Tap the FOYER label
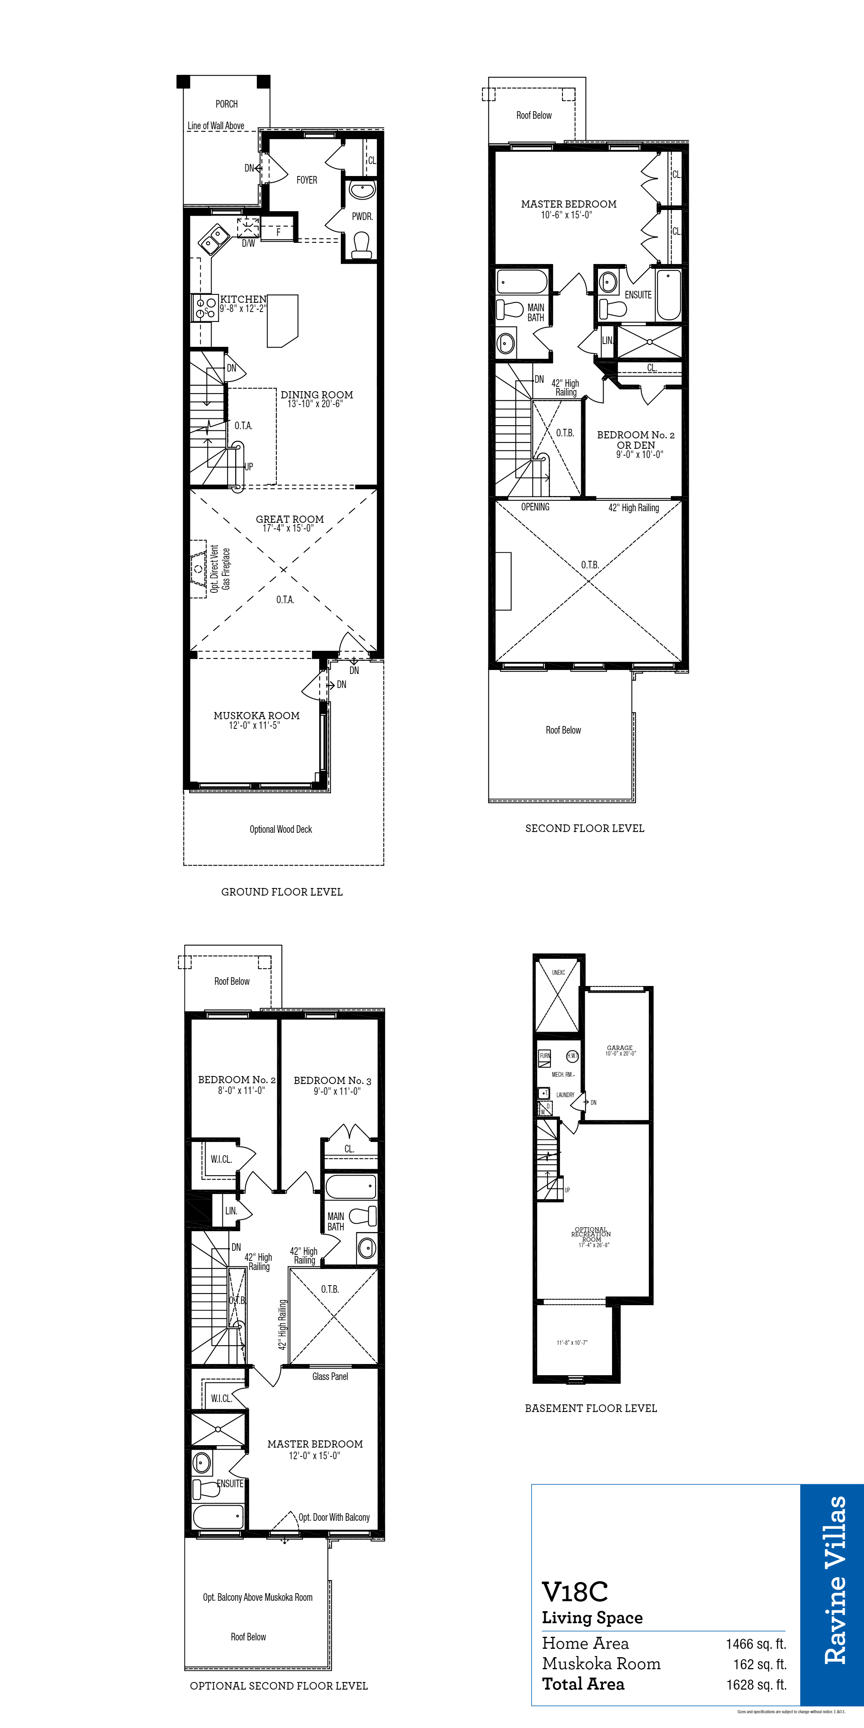coord(306,180)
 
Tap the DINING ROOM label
coord(317,395)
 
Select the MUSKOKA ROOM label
coord(256,716)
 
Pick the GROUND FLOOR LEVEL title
coord(282,892)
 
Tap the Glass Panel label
coord(330,1376)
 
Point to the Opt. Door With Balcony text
coord(334,1517)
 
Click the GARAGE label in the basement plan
coord(619,1048)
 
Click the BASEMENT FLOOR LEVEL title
coord(590,1408)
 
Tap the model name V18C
coord(575,1591)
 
